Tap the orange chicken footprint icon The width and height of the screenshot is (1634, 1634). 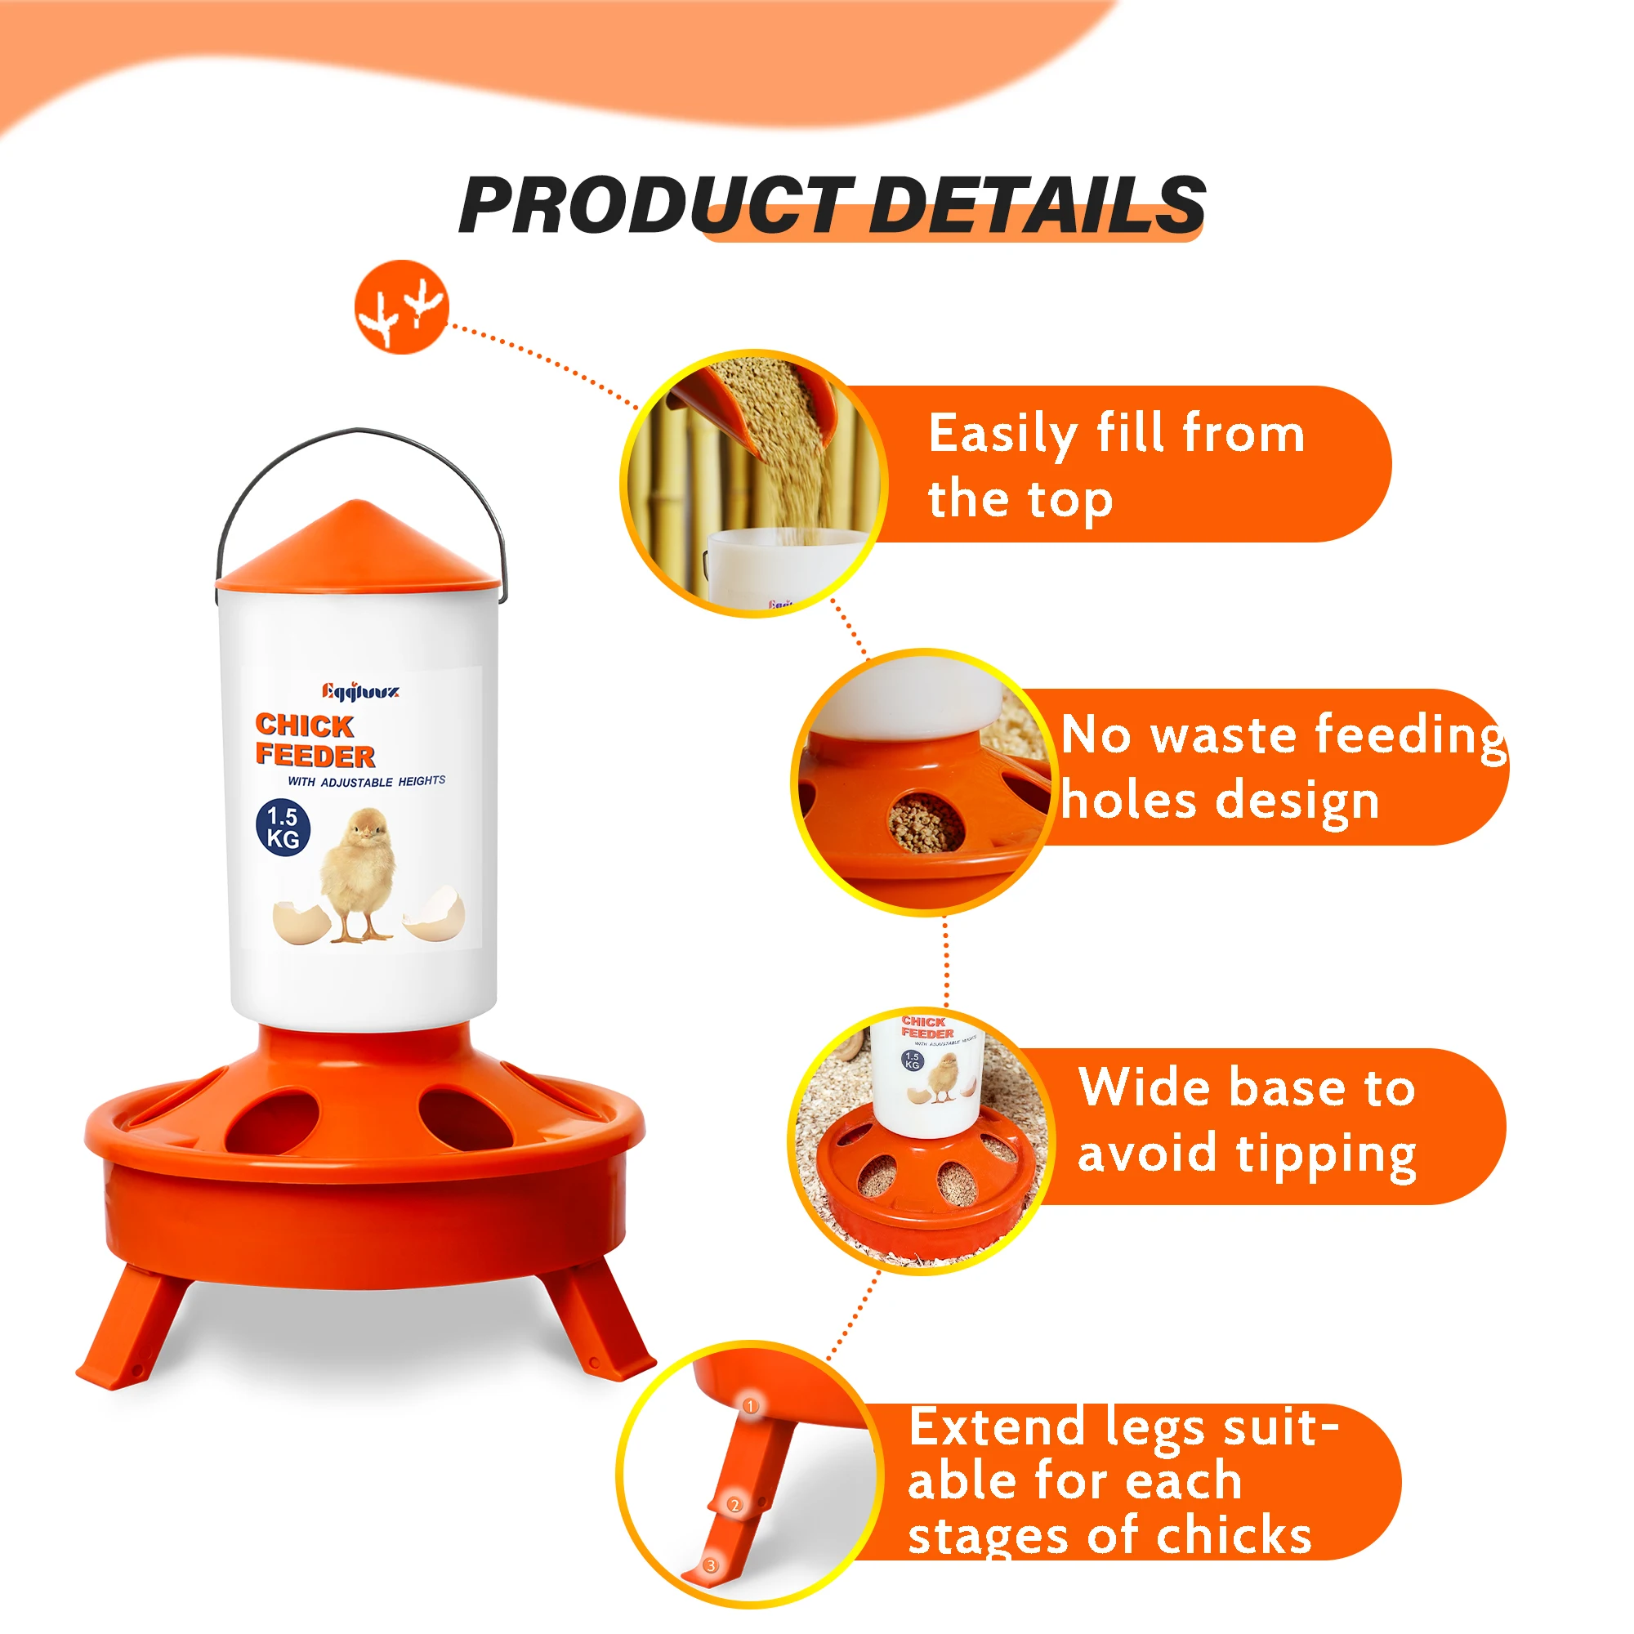(x=401, y=307)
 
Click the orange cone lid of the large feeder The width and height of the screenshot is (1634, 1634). (x=357, y=547)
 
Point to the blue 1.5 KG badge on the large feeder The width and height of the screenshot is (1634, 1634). (x=283, y=828)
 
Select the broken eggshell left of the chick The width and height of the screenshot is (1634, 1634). (x=301, y=922)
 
